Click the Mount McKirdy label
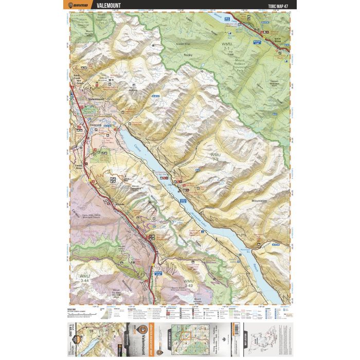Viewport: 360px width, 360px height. (x=136, y=89)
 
